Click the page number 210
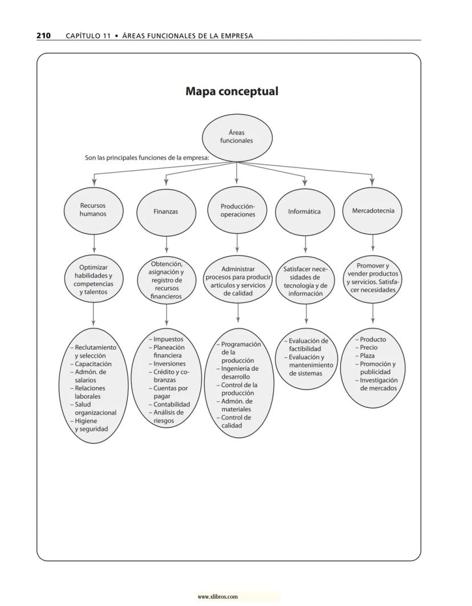coord(43,35)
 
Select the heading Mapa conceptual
coord(232,91)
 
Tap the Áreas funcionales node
coord(237,137)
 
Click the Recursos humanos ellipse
coord(93,210)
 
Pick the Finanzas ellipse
coord(165,211)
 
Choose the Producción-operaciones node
coord(238,210)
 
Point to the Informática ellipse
coord(304,211)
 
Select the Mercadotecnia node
coord(373,210)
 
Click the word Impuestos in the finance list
coord(168,339)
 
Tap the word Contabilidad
coord(172,404)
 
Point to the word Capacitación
coord(93,364)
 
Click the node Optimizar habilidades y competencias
coord(93,280)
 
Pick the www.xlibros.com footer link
coord(218,597)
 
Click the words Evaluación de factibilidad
coord(308,345)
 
